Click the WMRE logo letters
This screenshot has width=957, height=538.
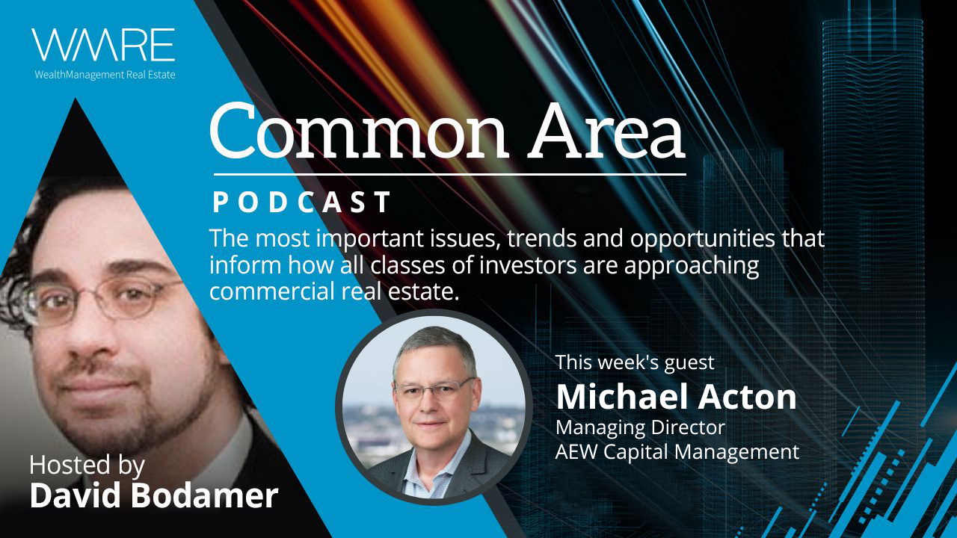(x=103, y=45)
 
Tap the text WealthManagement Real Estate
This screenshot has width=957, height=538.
(x=105, y=75)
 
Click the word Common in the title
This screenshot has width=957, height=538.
(x=359, y=130)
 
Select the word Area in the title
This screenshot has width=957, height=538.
(x=606, y=130)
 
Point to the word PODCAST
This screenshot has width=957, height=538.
(x=301, y=202)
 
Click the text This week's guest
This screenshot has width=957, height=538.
(x=635, y=362)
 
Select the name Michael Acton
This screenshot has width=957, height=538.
(x=677, y=397)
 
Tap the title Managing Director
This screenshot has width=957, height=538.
(x=640, y=427)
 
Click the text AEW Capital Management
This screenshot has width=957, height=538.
(x=677, y=452)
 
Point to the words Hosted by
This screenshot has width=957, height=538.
(x=87, y=466)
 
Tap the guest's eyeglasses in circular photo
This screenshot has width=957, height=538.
(x=434, y=389)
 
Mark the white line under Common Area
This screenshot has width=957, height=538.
(x=450, y=175)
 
